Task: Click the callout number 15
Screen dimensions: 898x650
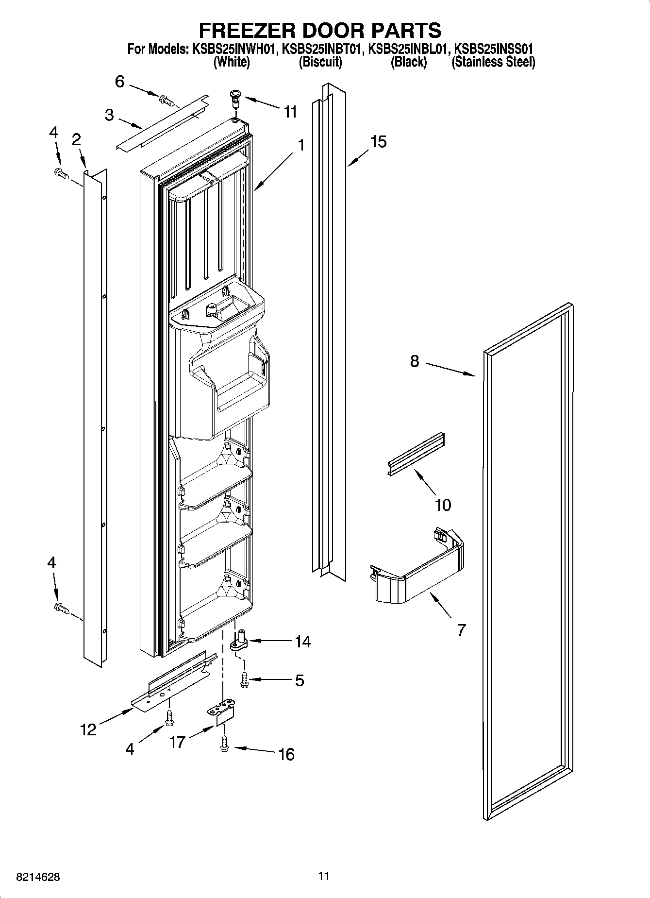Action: tap(378, 142)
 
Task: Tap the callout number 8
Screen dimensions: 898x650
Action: tap(414, 361)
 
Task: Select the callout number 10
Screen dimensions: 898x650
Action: tap(443, 505)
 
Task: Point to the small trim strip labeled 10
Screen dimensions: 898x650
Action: tap(417, 453)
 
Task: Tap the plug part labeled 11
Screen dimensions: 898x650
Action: tap(235, 100)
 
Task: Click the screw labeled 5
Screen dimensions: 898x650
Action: tap(244, 678)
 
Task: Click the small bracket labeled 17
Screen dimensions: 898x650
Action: tap(222, 714)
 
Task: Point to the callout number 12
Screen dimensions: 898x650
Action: tap(88, 729)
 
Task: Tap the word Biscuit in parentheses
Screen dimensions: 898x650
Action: tap(320, 62)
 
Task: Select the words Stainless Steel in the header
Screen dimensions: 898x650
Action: tap(493, 62)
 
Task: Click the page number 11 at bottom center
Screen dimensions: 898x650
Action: tap(324, 876)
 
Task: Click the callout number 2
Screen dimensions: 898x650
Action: tap(76, 140)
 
